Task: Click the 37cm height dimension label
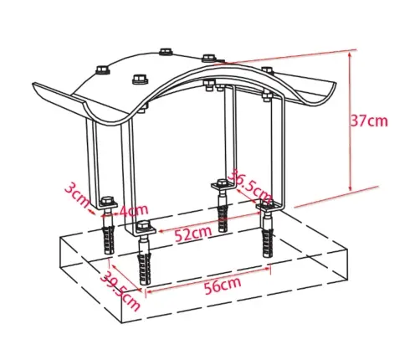tap(369, 121)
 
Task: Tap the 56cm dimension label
tap(223, 285)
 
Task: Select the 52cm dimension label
tap(192, 233)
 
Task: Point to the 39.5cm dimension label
tap(120, 291)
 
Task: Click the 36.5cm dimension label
tap(249, 186)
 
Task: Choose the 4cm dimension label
tap(133, 210)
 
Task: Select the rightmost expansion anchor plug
tap(268, 241)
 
